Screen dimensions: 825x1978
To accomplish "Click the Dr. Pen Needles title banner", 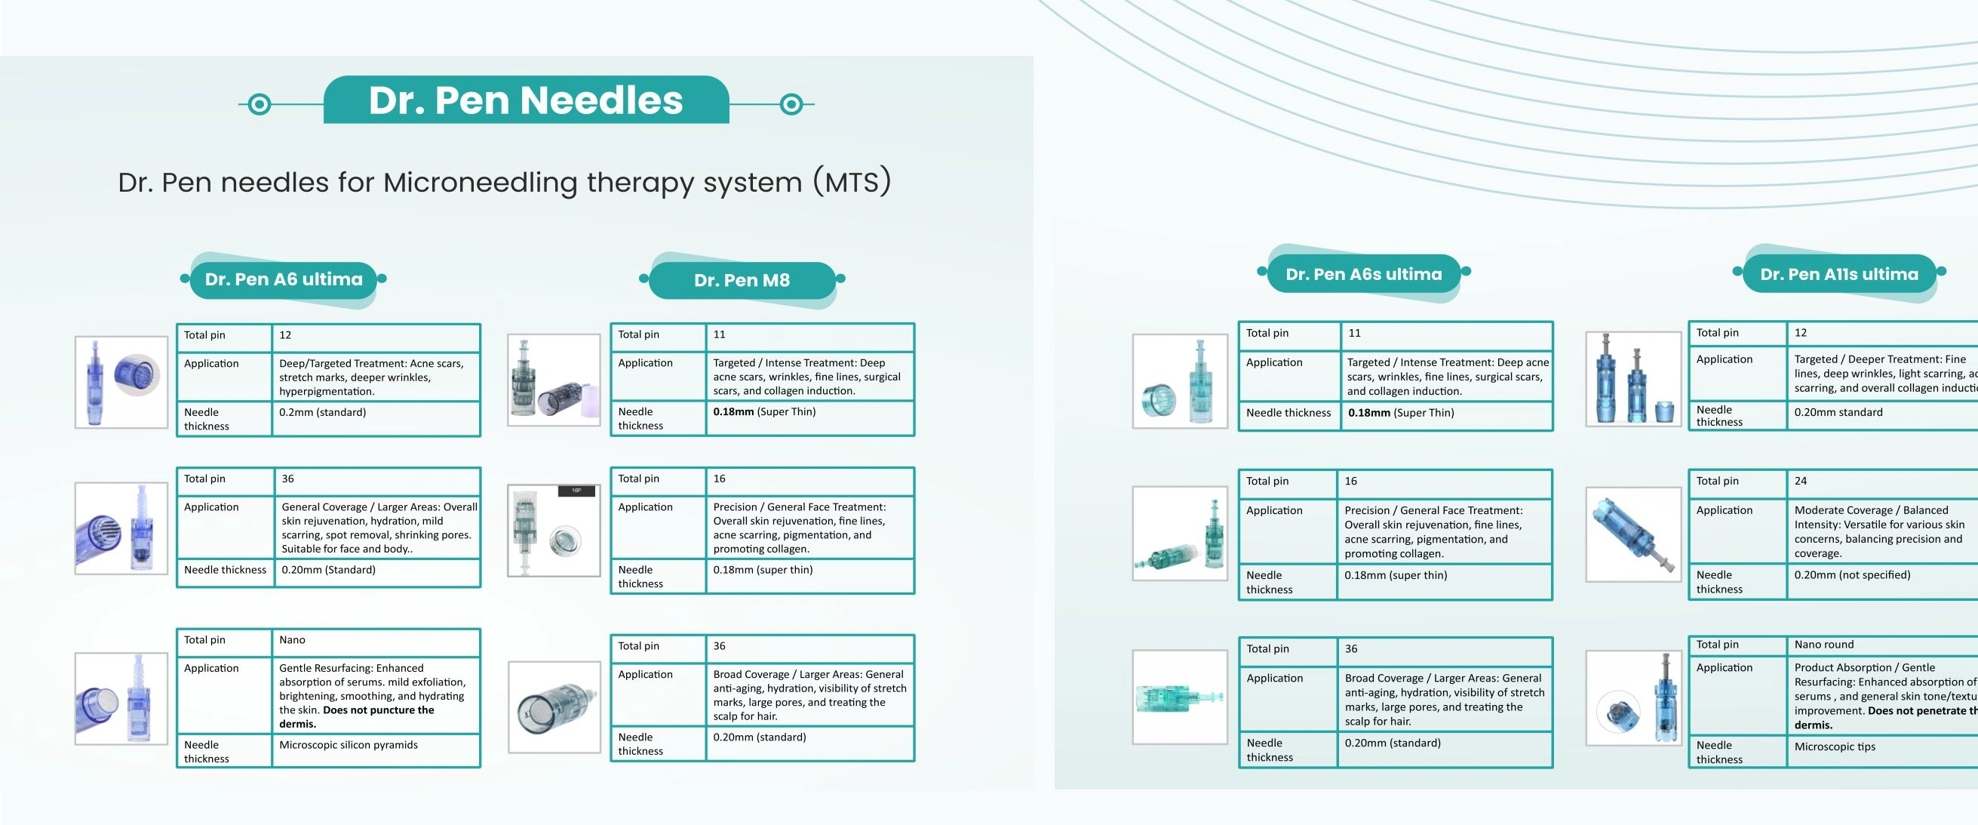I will [526, 100].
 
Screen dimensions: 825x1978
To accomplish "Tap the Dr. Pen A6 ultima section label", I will [284, 279].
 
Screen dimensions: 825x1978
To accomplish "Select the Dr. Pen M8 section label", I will [742, 280].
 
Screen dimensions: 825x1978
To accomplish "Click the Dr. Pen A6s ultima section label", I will [1364, 274].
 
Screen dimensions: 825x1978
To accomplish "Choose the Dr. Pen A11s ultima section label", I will [1839, 274].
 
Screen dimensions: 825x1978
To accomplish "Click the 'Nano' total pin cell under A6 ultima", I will [293, 640].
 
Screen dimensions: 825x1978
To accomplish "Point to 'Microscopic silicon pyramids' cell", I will [349, 745].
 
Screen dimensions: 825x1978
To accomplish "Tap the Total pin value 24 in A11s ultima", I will [1801, 481].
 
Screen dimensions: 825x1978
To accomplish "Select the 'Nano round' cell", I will [1823, 645].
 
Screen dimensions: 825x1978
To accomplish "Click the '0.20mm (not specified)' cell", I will [1852, 574].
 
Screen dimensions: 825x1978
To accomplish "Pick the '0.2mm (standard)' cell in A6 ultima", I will [323, 412].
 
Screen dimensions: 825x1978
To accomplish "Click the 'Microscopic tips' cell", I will [1835, 747].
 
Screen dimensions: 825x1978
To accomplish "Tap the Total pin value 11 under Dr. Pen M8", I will [720, 334].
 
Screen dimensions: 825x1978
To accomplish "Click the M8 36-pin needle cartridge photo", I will [554, 706].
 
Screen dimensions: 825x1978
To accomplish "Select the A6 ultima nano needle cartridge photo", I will [121, 698].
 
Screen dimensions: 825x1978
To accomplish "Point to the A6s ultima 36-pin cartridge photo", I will [1180, 697].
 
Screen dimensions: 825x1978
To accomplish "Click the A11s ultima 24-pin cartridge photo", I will [1633, 534].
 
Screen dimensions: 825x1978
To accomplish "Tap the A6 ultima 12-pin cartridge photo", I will [121, 382].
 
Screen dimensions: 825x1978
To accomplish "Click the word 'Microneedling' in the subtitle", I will [480, 183].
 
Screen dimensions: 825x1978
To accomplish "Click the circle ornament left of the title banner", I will [260, 103].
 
